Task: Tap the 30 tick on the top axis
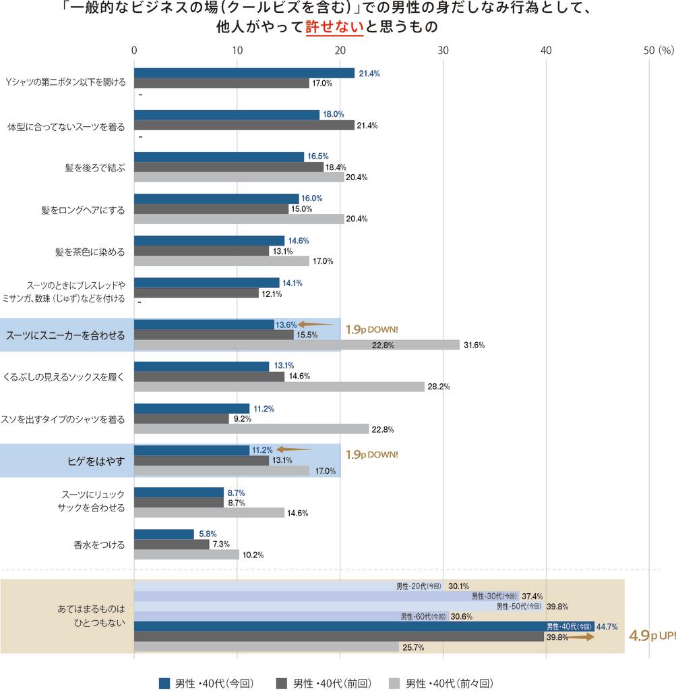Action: [443, 50]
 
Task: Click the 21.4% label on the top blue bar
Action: [369, 74]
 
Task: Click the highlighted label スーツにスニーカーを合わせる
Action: [65, 335]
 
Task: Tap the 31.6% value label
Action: [474, 345]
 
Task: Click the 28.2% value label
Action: [438, 387]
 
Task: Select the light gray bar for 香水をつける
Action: [187, 555]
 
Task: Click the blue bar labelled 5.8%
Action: [164, 534]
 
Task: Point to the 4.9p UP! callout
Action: [651, 636]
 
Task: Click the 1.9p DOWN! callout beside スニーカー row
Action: [371, 330]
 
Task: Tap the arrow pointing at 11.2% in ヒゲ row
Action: [295, 449]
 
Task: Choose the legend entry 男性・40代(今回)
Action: [206, 683]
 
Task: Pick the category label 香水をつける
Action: [100, 545]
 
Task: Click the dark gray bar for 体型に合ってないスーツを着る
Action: [244, 125]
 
